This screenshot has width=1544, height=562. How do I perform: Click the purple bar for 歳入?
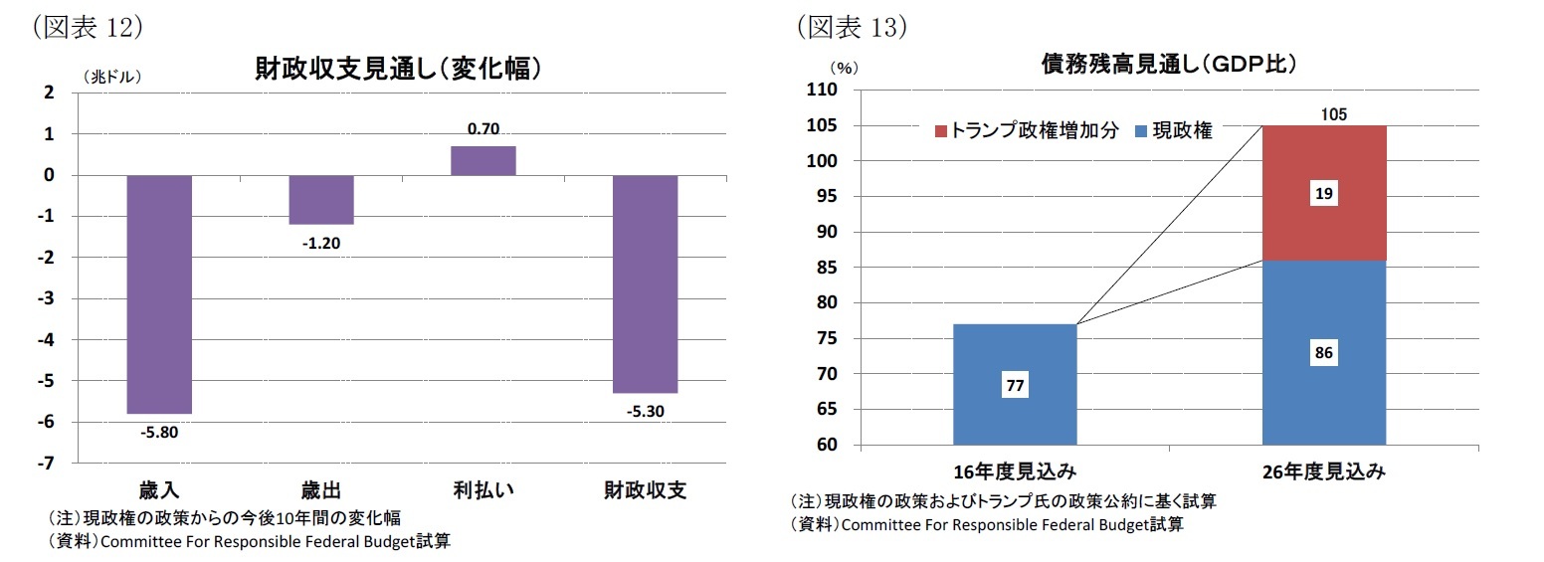[159, 293]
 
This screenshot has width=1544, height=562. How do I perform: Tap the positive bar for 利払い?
[482, 160]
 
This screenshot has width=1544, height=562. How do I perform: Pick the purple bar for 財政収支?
[645, 283]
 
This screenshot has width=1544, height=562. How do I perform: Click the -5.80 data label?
[159, 432]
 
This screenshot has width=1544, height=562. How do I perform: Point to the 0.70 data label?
[482, 128]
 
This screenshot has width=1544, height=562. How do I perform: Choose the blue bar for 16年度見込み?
[1014, 384]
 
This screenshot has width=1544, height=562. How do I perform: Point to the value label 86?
[1323, 352]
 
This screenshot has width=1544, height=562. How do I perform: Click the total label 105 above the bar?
[1333, 114]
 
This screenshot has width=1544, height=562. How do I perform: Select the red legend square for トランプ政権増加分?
[941, 131]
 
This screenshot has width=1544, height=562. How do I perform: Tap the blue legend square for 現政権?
[1140, 131]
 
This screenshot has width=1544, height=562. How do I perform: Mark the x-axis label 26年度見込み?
[1323, 471]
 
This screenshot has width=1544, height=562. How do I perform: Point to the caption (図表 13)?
[852, 28]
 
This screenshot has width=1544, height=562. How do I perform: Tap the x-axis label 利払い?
[482, 490]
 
